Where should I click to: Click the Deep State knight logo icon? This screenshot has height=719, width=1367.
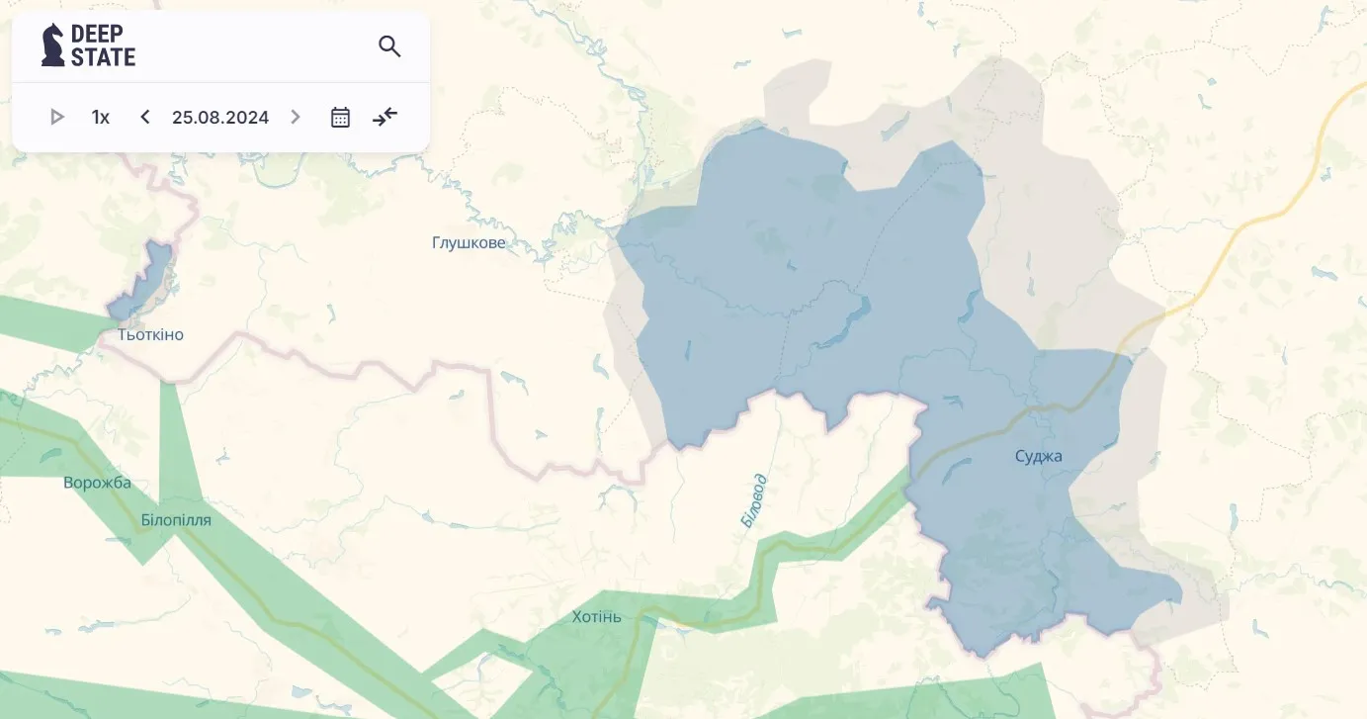(x=52, y=45)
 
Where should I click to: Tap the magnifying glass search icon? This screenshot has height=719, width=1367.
(x=389, y=45)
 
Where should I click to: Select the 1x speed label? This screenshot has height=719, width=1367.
(x=101, y=117)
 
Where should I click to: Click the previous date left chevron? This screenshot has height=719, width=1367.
(x=145, y=117)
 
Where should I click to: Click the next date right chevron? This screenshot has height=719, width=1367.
(x=295, y=117)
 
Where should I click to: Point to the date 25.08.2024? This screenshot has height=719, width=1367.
(x=220, y=117)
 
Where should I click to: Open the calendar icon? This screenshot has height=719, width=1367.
(x=340, y=117)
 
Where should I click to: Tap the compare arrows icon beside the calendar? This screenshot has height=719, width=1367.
(x=384, y=117)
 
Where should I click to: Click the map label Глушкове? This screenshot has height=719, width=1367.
(x=469, y=242)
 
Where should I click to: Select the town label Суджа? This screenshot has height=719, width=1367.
(x=1038, y=456)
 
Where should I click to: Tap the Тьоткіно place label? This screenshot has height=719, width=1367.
(x=150, y=334)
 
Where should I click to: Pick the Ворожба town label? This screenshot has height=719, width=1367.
(x=97, y=483)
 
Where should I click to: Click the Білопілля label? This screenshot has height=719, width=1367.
(x=176, y=519)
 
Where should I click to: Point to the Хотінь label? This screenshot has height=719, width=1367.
(x=597, y=616)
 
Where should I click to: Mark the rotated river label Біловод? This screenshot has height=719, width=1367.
(x=754, y=500)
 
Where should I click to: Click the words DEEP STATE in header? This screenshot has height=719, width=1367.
(x=103, y=45)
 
